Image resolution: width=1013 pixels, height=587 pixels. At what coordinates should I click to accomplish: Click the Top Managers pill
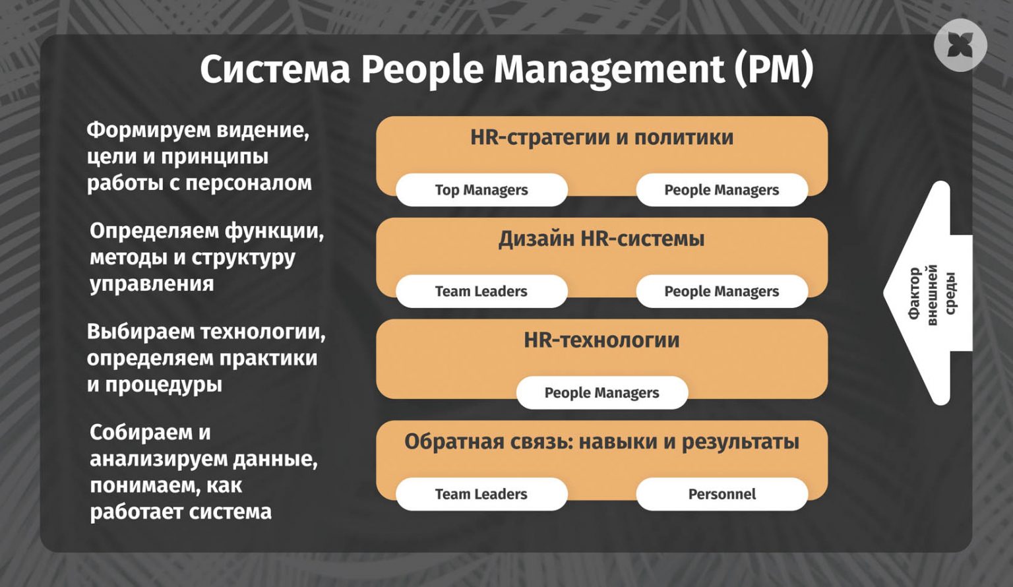tap(481, 190)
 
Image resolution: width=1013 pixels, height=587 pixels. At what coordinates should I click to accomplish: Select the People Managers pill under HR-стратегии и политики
tap(721, 190)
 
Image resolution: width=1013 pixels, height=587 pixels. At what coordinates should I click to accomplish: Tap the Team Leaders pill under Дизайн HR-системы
tap(481, 292)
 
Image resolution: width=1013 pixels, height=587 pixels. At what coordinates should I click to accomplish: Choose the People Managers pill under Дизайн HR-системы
tap(721, 292)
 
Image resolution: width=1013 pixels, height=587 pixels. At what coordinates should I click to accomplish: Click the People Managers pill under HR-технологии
tap(602, 392)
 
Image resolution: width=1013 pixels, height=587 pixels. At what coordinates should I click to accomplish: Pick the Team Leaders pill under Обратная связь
tap(481, 494)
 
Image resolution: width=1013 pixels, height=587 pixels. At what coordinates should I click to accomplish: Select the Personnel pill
tap(721, 494)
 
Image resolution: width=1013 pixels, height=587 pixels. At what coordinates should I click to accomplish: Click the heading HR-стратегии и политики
tap(602, 137)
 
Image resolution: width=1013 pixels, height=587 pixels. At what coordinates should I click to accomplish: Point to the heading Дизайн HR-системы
tap(602, 239)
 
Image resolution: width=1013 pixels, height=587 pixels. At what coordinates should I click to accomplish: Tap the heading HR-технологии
tap(602, 340)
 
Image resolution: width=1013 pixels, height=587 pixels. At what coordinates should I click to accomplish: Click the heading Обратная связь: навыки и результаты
tap(602, 442)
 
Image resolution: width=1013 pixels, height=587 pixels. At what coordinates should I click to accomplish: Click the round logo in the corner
tap(960, 46)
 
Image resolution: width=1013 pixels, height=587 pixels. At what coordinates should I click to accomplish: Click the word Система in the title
tap(275, 70)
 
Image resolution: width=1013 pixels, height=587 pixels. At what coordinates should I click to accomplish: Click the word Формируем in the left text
tap(149, 131)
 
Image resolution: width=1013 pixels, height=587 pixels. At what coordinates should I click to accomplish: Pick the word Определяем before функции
tap(154, 232)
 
